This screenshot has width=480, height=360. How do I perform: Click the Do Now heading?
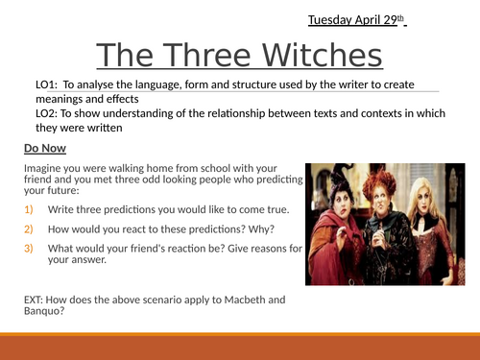tap(45, 149)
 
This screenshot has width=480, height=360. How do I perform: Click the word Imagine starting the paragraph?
tap(44, 167)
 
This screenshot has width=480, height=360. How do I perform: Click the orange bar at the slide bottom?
tap(240, 345)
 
